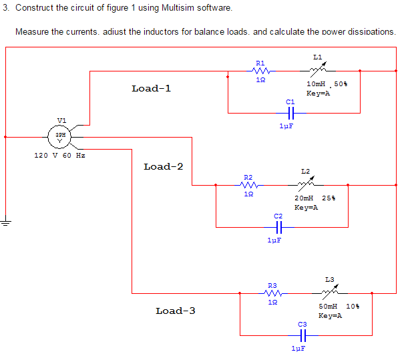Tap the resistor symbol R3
pyautogui.click(x=272, y=293)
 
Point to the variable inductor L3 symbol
pyautogui.click(x=330, y=291)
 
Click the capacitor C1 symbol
pyautogui.click(x=290, y=114)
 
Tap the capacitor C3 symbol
pyautogui.click(x=302, y=335)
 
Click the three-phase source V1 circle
pyautogui.click(x=61, y=136)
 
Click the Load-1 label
pyautogui.click(x=152, y=88)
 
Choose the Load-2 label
pyautogui.click(x=164, y=166)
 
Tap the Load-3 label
pyautogui.click(x=176, y=311)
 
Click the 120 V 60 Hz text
pyautogui.click(x=59, y=155)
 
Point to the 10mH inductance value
pyautogui.click(x=316, y=84)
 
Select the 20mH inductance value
pyautogui.click(x=304, y=198)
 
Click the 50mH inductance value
pyautogui.click(x=329, y=306)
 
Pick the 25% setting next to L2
pyautogui.click(x=329, y=198)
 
